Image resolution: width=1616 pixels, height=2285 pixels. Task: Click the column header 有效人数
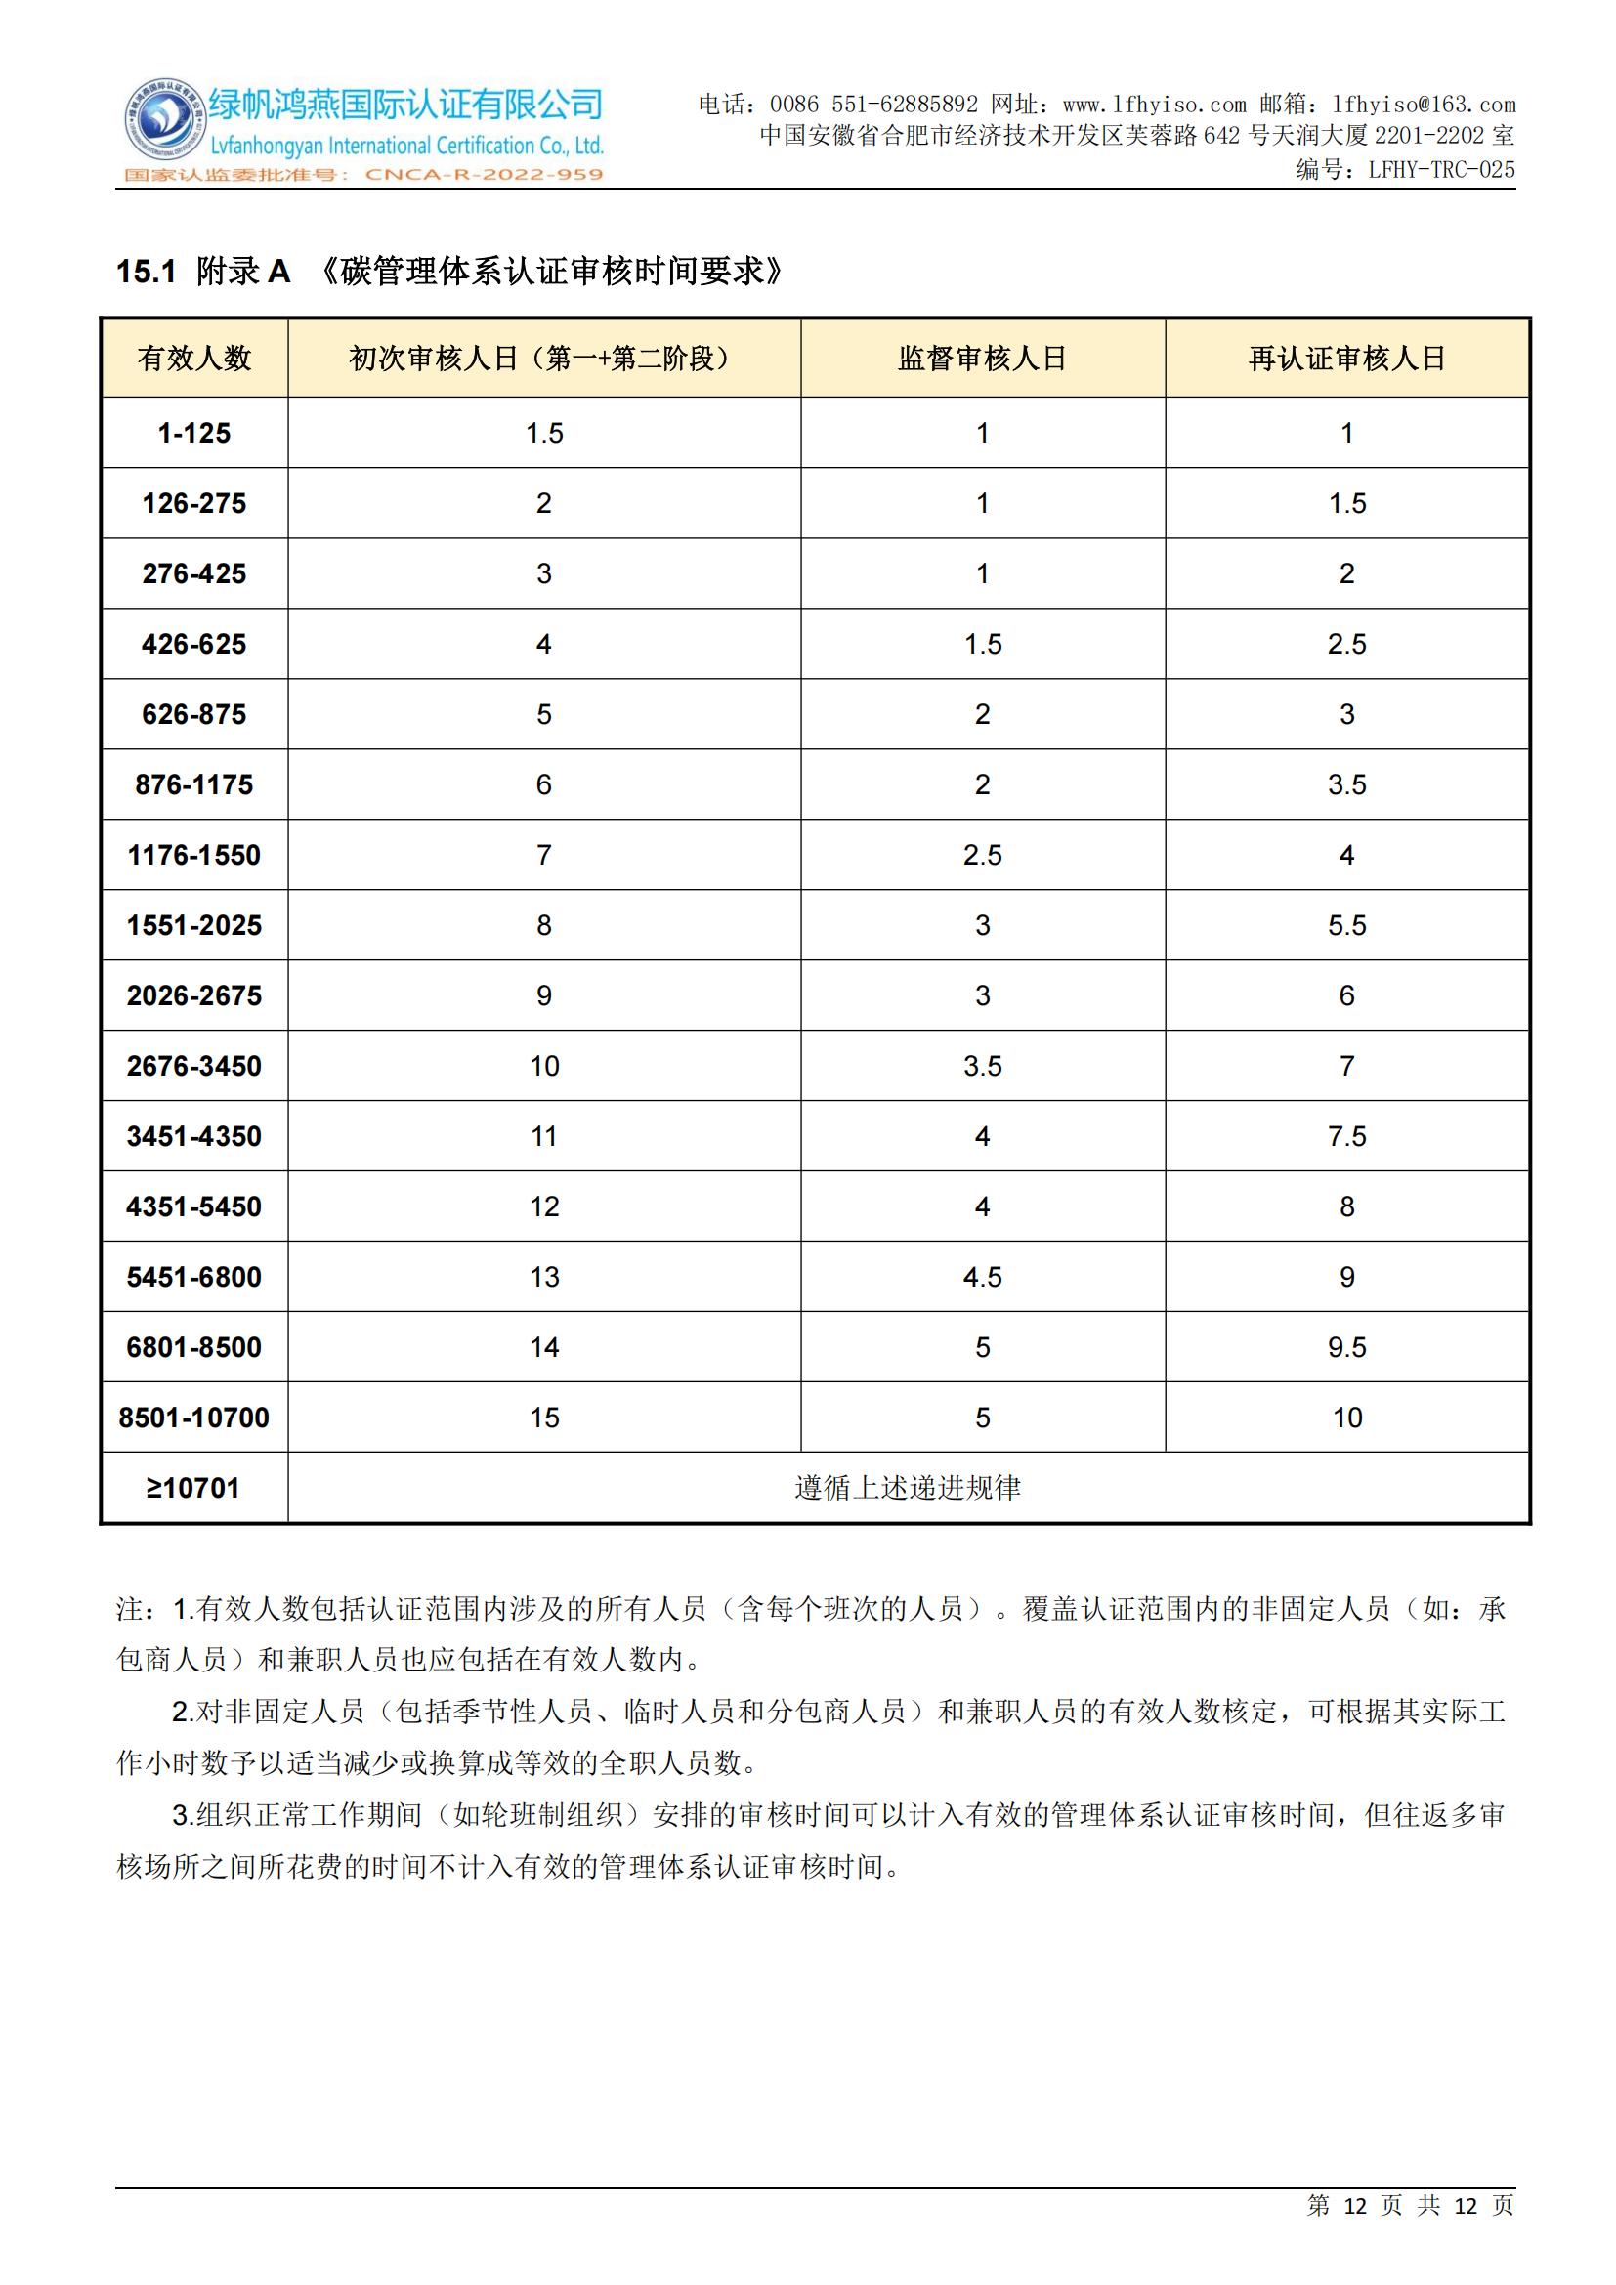(194, 359)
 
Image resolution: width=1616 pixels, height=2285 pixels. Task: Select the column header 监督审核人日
(981, 359)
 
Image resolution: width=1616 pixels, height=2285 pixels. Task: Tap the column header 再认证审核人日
(1346, 359)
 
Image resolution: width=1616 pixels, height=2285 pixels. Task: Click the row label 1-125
(194, 433)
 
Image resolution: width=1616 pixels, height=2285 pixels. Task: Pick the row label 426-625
(194, 644)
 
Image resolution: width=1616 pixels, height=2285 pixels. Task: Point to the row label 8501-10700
(194, 1418)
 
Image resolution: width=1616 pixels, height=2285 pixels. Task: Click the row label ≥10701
(194, 1488)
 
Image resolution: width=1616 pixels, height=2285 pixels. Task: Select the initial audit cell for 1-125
(544, 433)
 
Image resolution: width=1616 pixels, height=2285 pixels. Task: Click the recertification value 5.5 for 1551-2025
(1346, 925)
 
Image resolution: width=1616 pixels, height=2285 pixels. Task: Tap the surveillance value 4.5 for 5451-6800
(982, 1277)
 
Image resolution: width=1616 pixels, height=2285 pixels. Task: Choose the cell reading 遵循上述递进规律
(908, 1488)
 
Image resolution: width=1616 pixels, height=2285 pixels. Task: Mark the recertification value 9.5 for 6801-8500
(1346, 1347)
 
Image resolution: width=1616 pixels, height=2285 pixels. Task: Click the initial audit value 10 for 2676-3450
(544, 1066)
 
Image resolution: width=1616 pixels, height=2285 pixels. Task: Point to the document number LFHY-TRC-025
(1441, 170)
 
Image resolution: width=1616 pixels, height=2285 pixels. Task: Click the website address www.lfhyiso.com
(1154, 105)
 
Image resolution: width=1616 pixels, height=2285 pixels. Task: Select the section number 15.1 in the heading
(147, 271)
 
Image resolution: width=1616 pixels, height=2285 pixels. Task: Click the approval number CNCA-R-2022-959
(485, 175)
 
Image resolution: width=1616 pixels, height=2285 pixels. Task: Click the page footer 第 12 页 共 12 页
(1410, 2206)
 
